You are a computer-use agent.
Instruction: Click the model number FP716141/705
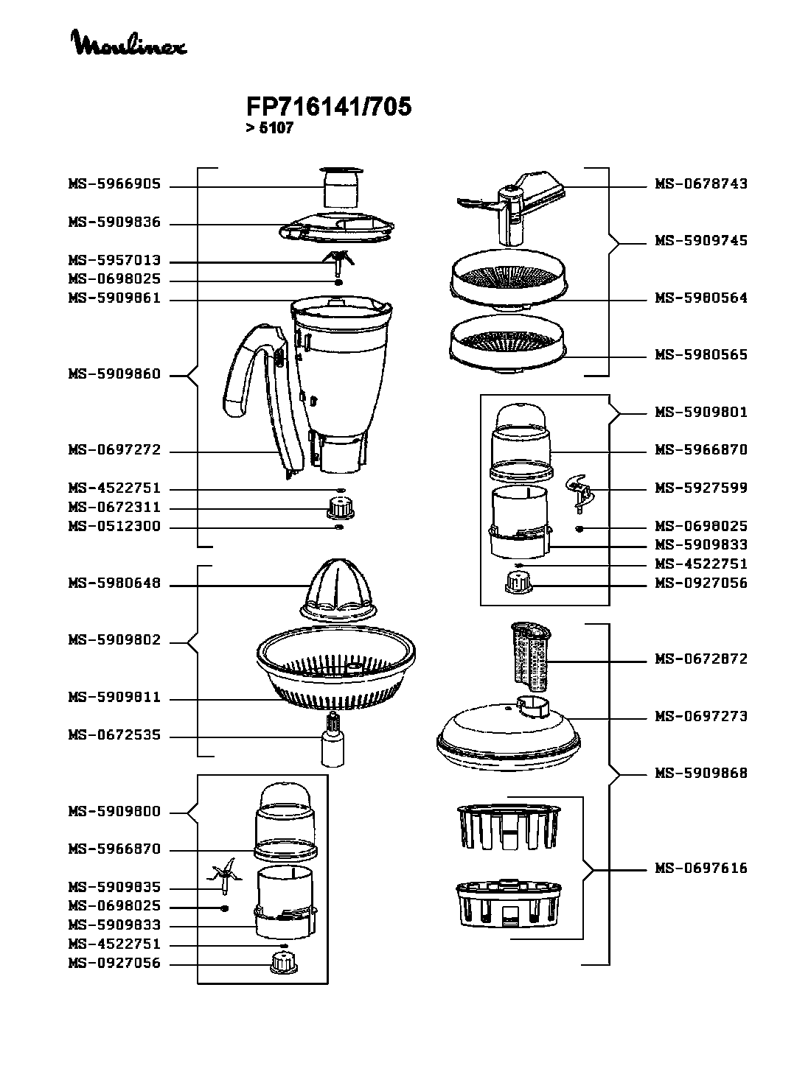click(328, 108)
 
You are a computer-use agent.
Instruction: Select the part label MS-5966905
click(114, 185)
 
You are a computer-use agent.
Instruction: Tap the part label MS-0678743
click(701, 184)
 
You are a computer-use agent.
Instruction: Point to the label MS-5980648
click(114, 585)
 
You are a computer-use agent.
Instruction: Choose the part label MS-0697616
click(701, 869)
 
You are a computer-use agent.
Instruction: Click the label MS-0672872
click(701, 659)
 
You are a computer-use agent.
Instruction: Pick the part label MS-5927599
click(701, 488)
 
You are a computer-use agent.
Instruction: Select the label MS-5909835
click(114, 888)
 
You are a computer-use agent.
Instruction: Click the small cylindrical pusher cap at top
click(342, 189)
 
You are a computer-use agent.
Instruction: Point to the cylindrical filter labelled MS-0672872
click(532, 656)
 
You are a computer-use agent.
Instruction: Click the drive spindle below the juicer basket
click(333, 740)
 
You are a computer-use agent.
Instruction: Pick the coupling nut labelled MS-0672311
click(340, 508)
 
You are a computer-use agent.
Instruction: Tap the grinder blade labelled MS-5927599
click(579, 491)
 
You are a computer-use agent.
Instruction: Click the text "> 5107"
click(270, 128)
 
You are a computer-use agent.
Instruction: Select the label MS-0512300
click(114, 527)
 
